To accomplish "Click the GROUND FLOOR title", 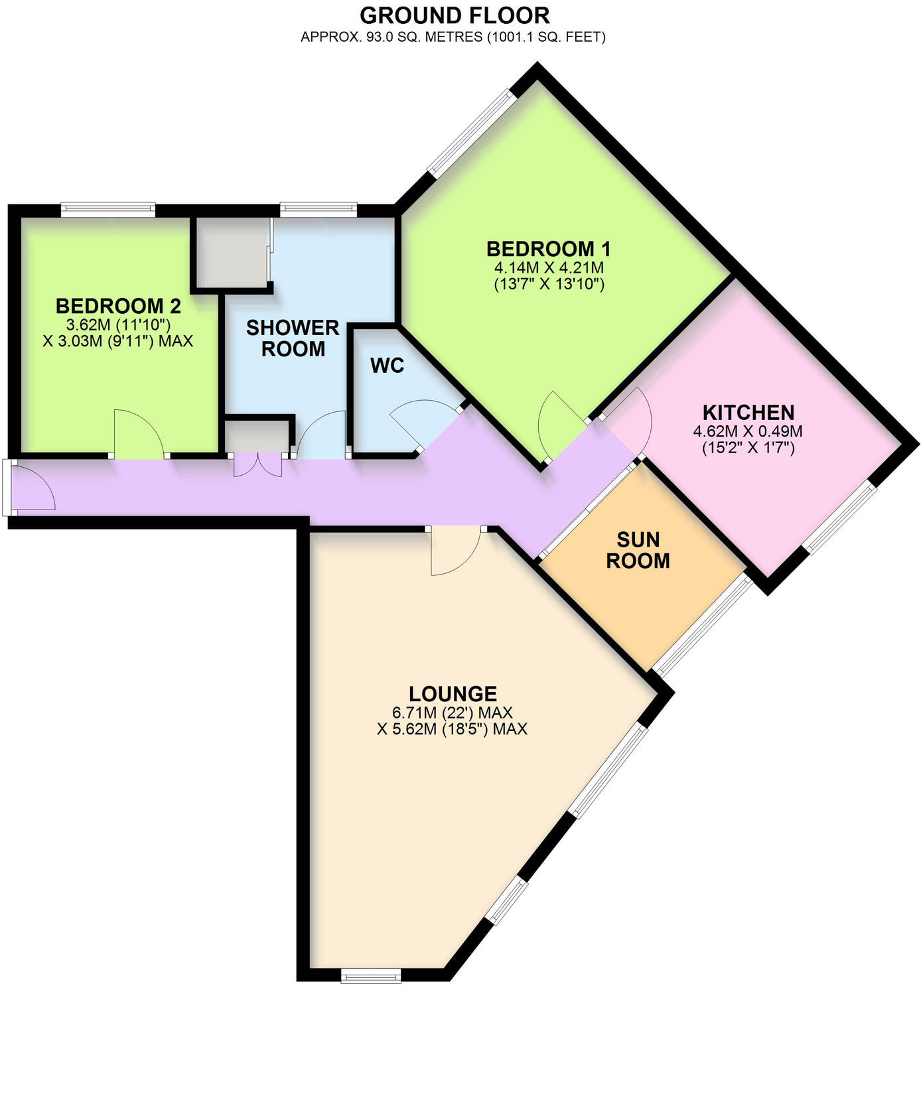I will (x=455, y=15).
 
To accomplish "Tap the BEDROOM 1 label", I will (x=548, y=249).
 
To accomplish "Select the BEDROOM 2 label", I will (x=118, y=306).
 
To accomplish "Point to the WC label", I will (x=387, y=366).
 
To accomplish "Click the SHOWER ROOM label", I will (x=293, y=338).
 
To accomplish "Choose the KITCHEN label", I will (x=748, y=412).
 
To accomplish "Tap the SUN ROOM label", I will (x=638, y=550).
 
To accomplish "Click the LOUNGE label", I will (x=453, y=694).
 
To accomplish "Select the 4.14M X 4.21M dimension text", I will (x=549, y=268).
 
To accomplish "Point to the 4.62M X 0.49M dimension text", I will (x=748, y=431).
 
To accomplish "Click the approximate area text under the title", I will (x=453, y=37).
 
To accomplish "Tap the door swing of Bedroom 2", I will (x=138, y=435).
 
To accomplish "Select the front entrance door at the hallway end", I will (x=31, y=488).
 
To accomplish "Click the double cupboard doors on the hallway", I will (x=257, y=464).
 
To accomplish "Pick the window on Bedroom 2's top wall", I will (x=108, y=209).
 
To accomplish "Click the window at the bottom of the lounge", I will (x=371, y=975).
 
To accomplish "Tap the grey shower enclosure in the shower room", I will (x=231, y=252).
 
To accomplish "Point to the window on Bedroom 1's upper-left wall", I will (x=471, y=132).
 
